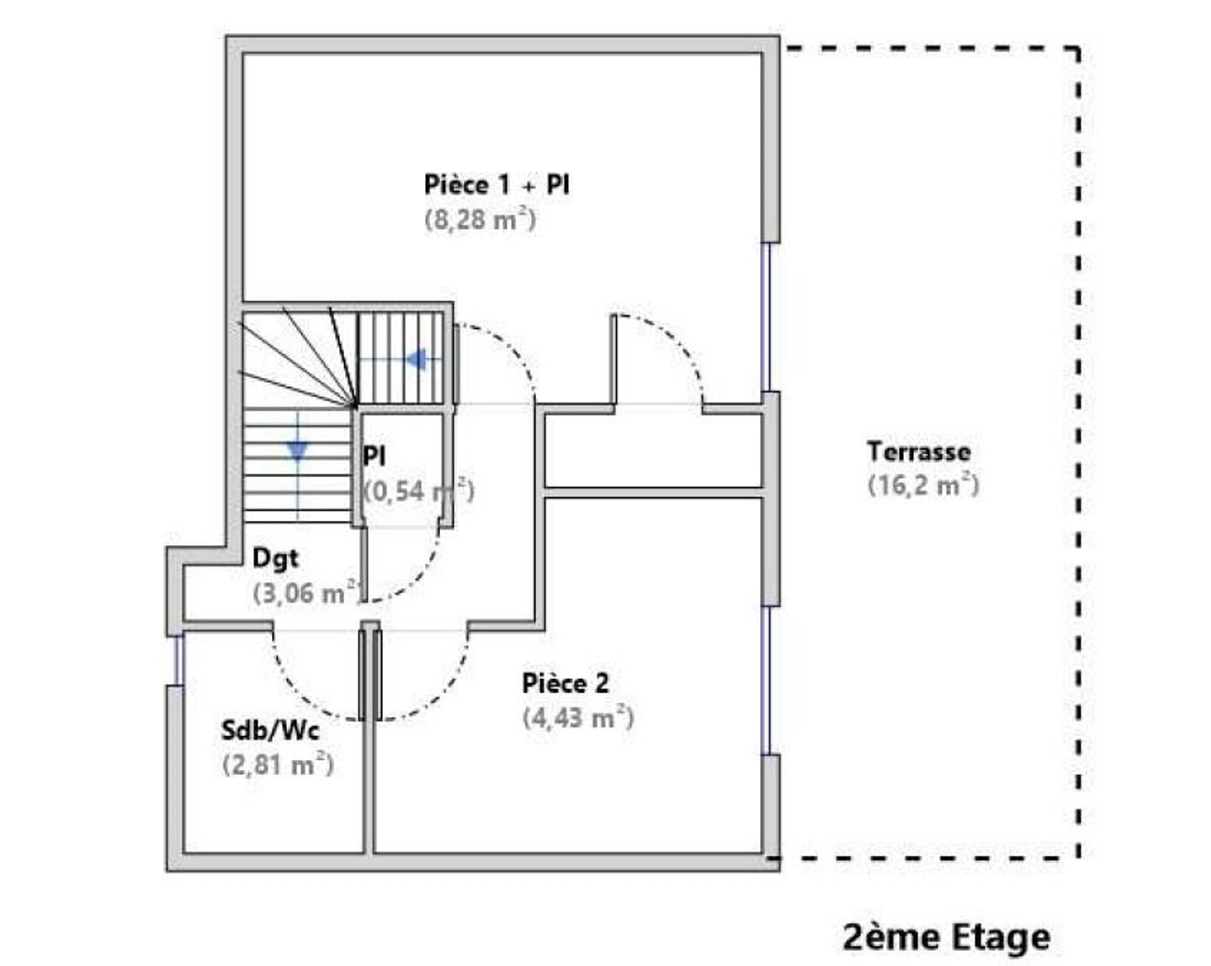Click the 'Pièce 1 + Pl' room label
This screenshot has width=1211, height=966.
coord(496,185)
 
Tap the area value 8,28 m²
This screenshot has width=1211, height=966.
coord(480,220)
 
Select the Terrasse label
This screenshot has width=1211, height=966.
coord(918,451)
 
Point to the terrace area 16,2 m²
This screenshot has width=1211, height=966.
coord(924,486)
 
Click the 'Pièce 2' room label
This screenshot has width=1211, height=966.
coord(565,684)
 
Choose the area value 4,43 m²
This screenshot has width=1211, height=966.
coord(578,718)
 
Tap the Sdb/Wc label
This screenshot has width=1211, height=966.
coord(270,730)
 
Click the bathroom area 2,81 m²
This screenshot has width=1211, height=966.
coord(278,765)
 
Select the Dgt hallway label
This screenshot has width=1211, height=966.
coord(275,559)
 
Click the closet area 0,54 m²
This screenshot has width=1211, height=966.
coord(419,491)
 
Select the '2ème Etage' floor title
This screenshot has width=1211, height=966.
coord(947,937)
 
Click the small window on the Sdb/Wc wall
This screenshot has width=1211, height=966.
coord(178,660)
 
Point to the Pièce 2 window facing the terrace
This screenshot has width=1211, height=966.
coord(766,680)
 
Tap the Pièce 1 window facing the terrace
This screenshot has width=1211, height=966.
coord(766,317)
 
